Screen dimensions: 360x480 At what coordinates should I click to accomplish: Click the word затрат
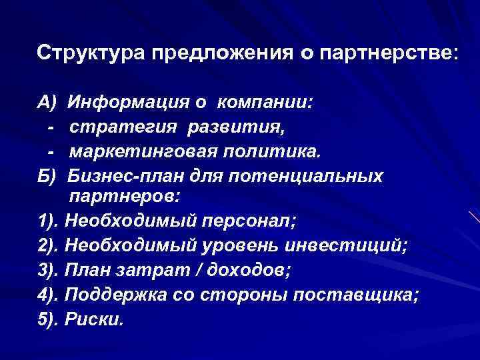153,271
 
